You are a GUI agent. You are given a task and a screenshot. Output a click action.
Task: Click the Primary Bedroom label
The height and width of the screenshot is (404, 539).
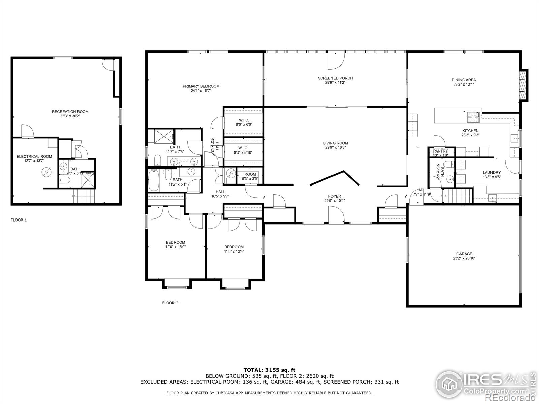click(201, 86)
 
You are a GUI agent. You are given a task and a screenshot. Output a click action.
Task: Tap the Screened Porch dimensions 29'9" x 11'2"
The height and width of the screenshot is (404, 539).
click(335, 82)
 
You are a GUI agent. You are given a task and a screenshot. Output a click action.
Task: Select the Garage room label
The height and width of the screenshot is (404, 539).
click(464, 254)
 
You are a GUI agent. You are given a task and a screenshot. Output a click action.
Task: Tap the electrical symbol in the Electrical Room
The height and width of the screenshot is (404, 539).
click(45, 172)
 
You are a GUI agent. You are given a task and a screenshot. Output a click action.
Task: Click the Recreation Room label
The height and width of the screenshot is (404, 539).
click(70, 112)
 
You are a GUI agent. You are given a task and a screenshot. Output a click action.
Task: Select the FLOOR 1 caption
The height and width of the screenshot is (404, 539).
click(19, 220)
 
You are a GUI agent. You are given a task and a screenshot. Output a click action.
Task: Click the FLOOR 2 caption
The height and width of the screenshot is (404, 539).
click(170, 303)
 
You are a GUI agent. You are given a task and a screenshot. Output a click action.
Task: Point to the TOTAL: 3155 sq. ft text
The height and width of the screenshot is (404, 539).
click(269, 370)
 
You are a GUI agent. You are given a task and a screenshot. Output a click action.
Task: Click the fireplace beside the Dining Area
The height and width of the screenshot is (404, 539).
click(523, 85)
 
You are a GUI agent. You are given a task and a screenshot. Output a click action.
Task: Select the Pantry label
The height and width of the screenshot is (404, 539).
click(440, 151)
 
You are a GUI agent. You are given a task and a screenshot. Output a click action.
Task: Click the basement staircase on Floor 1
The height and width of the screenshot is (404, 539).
click(85, 196)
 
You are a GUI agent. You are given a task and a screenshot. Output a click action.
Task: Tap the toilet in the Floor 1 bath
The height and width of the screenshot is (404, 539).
click(65, 180)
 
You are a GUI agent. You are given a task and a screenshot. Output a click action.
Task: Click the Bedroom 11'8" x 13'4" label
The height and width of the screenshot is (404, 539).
click(234, 247)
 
